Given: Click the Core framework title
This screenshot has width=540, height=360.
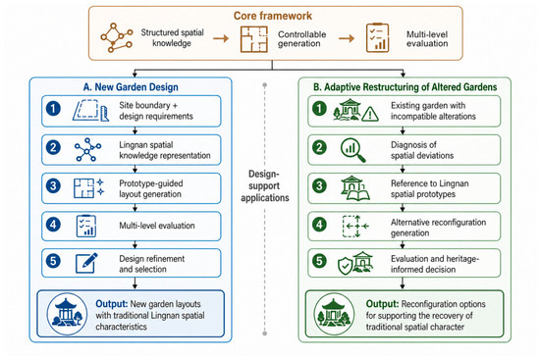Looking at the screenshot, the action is point(272,16).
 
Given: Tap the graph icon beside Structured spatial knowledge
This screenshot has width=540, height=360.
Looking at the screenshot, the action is point(117,37).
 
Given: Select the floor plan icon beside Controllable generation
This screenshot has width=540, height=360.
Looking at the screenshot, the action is point(254,39).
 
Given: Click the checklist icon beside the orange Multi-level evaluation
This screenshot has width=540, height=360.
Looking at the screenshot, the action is point(377,37).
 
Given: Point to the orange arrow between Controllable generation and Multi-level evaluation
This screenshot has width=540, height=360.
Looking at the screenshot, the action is point(347,38).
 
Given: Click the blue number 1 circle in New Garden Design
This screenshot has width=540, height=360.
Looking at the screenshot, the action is point(53,109).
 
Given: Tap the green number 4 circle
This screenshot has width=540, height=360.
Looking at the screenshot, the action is point(319,225).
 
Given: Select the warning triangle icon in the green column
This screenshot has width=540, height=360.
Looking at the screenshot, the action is point(370,114).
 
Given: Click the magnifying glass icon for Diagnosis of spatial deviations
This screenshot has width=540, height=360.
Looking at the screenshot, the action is point(352,150).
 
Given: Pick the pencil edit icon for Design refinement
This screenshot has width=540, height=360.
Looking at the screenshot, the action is point(86,263).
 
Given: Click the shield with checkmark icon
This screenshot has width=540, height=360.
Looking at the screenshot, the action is point(345,266).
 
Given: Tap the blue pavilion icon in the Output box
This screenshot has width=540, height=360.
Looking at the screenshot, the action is point(67,314).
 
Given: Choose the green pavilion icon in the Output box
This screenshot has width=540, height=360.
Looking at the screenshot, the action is point(334,314).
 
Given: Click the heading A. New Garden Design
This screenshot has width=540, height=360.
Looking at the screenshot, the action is point(131,87).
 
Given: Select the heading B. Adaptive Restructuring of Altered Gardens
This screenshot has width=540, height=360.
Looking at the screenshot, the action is point(405,87).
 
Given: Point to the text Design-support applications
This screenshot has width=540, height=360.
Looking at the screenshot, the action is point(264,185).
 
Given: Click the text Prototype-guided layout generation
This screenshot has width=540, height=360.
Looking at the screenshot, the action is point(151,188).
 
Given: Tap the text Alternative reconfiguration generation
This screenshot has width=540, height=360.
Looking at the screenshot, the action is point(438,228).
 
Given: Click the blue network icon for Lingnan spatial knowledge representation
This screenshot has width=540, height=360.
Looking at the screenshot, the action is point(87,150).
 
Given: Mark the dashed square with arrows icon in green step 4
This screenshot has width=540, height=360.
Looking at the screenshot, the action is point(355,227).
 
